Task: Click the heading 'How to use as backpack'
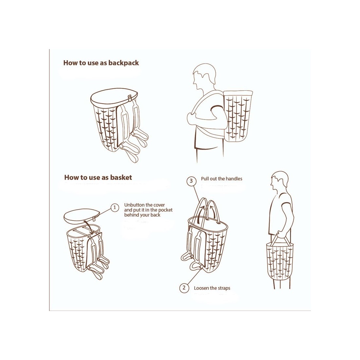pyautogui.click(x=101, y=63)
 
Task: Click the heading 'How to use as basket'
pyautogui.click(x=98, y=177)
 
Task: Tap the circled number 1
pyautogui.click(x=115, y=207)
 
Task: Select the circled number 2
pyautogui.click(x=184, y=288)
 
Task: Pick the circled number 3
pyautogui.click(x=191, y=181)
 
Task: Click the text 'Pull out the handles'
pyautogui.click(x=222, y=179)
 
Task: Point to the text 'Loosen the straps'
pyautogui.click(x=212, y=288)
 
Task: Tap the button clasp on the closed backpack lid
pyautogui.click(x=130, y=98)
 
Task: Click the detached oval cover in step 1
pyautogui.click(x=80, y=217)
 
